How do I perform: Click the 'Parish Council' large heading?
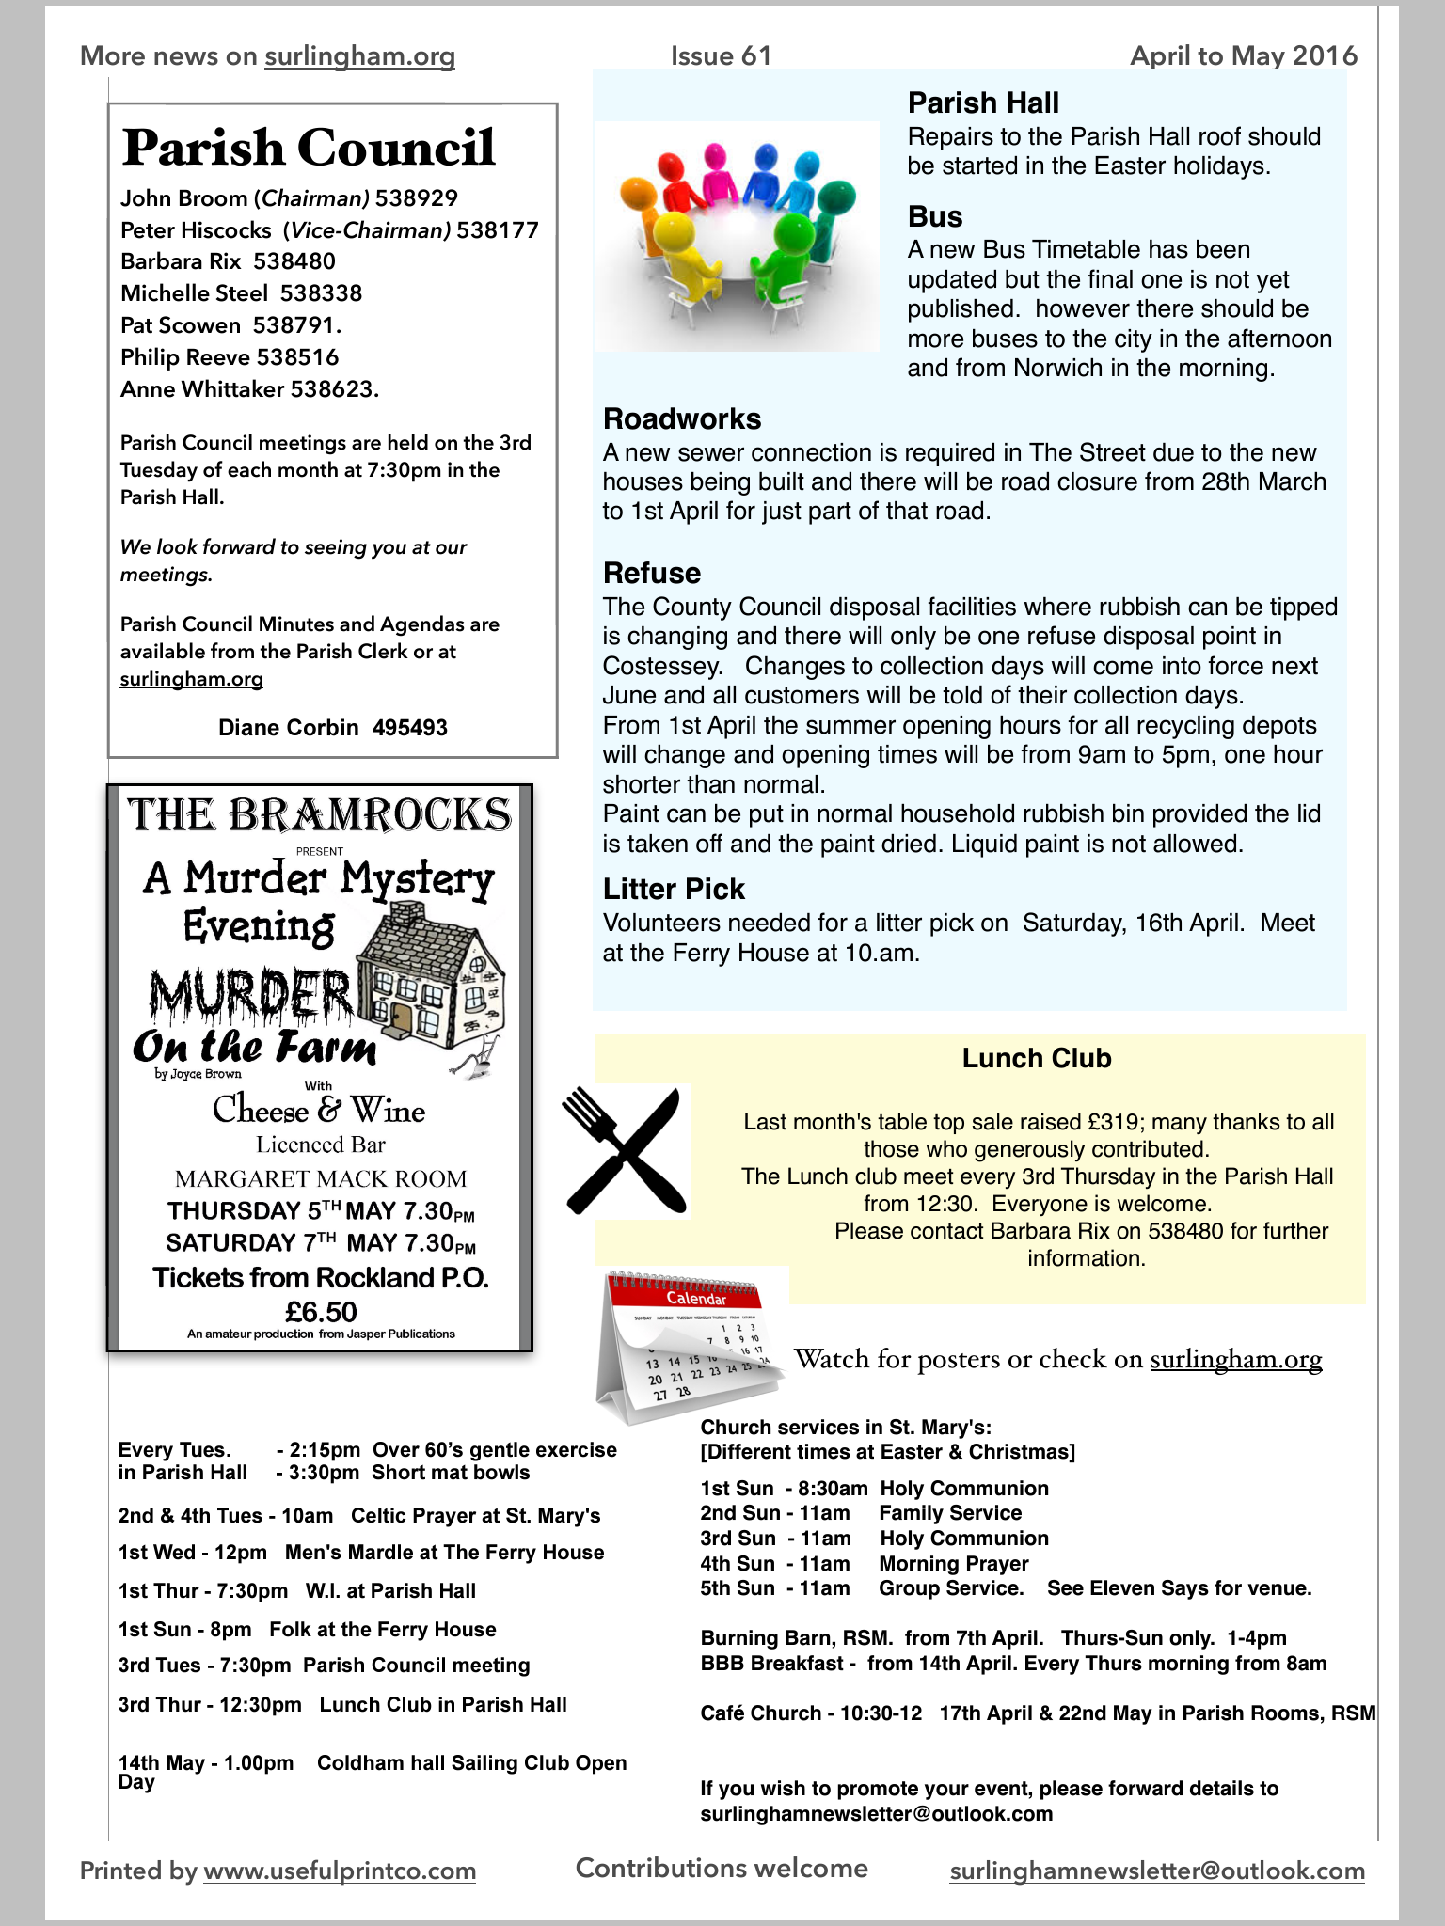pyautogui.click(x=309, y=148)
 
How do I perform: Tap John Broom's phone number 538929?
pyautogui.click(x=417, y=198)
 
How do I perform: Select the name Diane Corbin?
pyautogui.click(x=288, y=728)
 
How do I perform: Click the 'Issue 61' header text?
pyautogui.click(x=721, y=56)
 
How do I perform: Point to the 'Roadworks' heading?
pyautogui.click(x=682, y=418)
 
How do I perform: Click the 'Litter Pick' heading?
pyautogui.click(x=674, y=889)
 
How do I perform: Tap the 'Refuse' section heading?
pyautogui.click(x=652, y=573)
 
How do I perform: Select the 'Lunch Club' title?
pyautogui.click(x=1037, y=1058)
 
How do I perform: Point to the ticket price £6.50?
pyautogui.click(x=321, y=1311)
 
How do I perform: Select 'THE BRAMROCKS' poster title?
pyautogui.click(x=320, y=814)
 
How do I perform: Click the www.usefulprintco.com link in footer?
pyautogui.click(x=340, y=1871)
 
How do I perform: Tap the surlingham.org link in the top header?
pyautogui.click(x=359, y=56)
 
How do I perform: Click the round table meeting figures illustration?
pyautogui.click(x=737, y=235)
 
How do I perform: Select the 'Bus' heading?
pyautogui.click(x=935, y=216)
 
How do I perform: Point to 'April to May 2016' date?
pyautogui.click(x=1244, y=56)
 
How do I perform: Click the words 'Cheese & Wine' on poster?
pyautogui.click(x=319, y=1111)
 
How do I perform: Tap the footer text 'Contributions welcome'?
pyautogui.click(x=722, y=1868)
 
